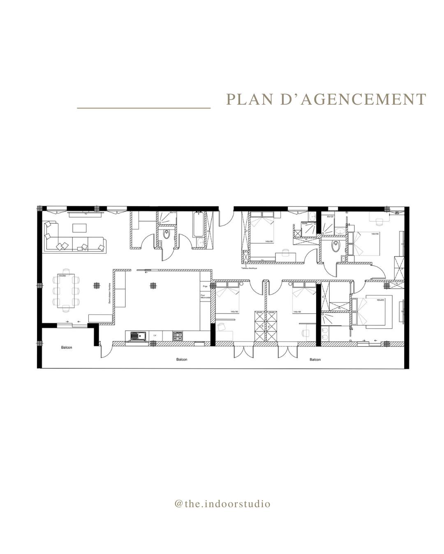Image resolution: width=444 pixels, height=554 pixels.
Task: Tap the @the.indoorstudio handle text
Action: point(222,504)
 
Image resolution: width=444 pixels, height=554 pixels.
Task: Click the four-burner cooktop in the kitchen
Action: point(177,336)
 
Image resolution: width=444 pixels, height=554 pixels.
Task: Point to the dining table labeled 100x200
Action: point(66,291)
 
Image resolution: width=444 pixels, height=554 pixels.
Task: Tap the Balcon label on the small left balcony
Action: point(66,348)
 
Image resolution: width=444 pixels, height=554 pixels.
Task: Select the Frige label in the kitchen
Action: point(204,286)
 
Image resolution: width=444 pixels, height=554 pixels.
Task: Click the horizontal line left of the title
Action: point(144,108)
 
